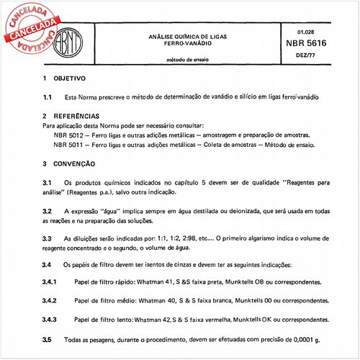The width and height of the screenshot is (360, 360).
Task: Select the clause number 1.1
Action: pyautogui.click(x=47, y=96)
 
